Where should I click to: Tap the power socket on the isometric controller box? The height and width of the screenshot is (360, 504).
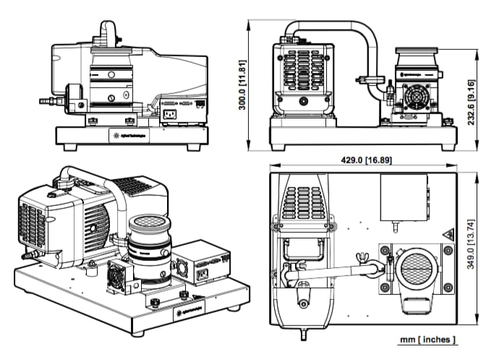click(x=205, y=275)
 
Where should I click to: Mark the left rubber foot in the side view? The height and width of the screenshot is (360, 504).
click(x=72, y=147)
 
